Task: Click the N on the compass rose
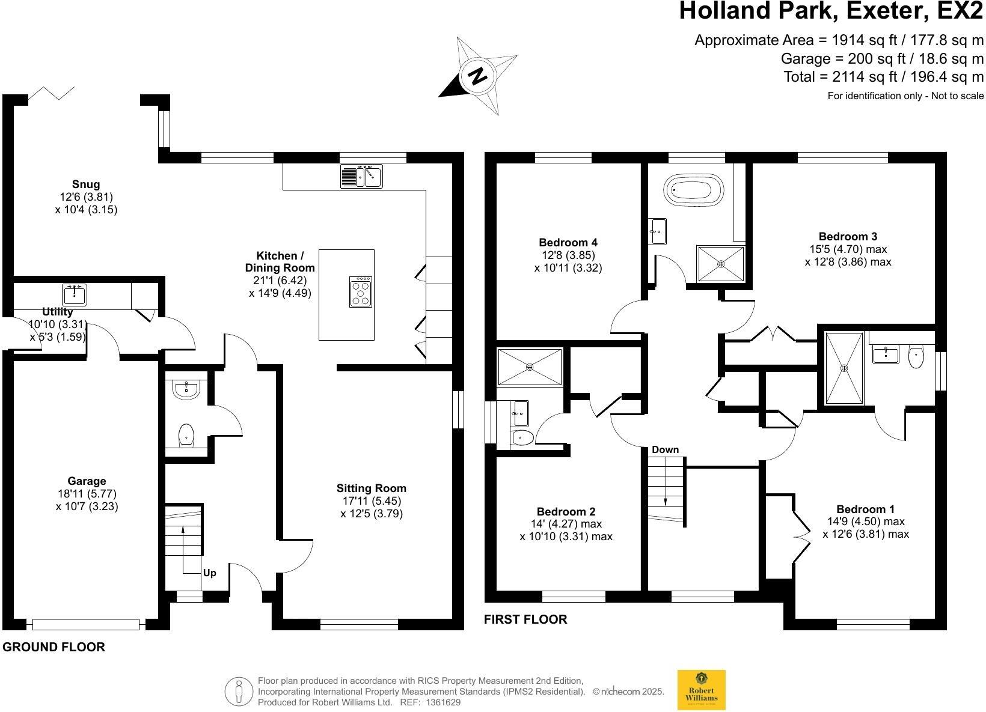tap(478, 76)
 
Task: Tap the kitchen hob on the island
tap(361, 291)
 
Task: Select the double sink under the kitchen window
tap(361, 176)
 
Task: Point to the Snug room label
tap(85, 184)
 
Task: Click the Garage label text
tap(87, 481)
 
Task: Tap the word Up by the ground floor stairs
tap(209, 573)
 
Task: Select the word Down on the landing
tap(665, 449)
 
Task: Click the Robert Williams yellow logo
tap(701, 690)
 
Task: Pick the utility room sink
tap(75, 295)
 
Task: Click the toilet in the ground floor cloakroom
tap(187, 435)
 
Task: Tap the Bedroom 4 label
tap(568, 242)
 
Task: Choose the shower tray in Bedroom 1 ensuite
tap(844, 368)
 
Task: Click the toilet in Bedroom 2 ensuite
tap(521, 438)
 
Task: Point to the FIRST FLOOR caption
tap(525, 619)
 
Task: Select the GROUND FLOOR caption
tap(54, 647)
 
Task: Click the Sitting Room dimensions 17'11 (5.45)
tap(371, 501)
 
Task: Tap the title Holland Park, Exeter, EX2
tap(831, 12)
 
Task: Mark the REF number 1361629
tap(443, 702)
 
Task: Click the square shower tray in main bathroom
tap(720, 264)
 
